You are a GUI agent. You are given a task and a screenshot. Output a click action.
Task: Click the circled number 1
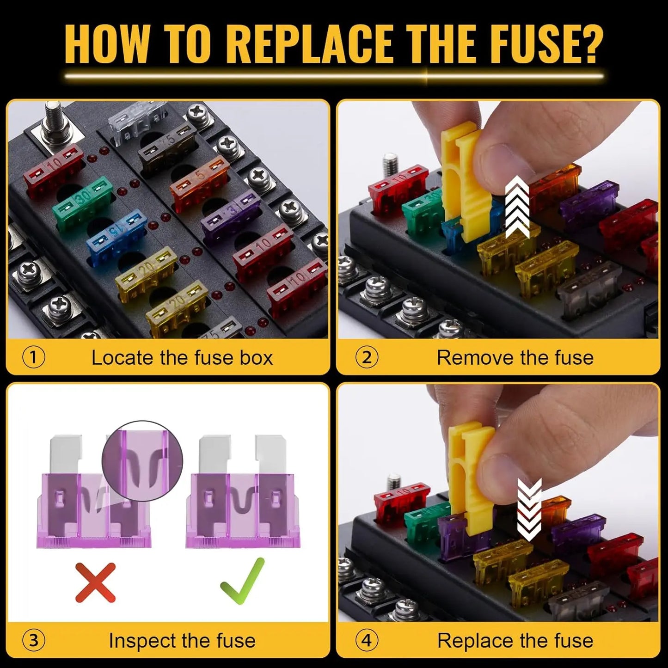pos(34,357)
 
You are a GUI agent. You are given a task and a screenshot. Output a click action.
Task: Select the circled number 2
pos(367,357)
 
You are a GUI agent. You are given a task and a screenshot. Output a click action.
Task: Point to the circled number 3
pos(34,641)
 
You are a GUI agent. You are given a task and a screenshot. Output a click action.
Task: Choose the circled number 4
pos(367,641)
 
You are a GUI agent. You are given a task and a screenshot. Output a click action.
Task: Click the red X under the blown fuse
pos(95,582)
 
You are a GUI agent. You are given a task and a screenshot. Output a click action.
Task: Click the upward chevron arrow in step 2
pos(516,208)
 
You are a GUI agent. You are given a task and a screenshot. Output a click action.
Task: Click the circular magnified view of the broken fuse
pos(142,460)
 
